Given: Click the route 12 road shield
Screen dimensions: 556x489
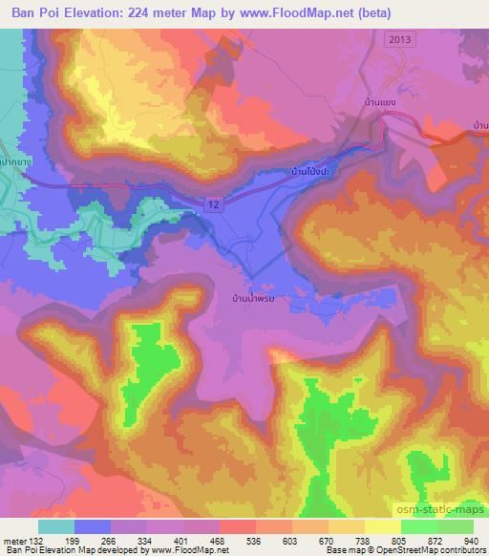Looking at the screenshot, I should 213,203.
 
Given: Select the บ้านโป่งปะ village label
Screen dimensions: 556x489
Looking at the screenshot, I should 310,174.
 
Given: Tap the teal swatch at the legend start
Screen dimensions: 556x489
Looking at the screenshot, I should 55,525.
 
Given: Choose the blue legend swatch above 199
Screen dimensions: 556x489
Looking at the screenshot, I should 92,525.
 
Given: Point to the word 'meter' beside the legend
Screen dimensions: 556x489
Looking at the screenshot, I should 13,540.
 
